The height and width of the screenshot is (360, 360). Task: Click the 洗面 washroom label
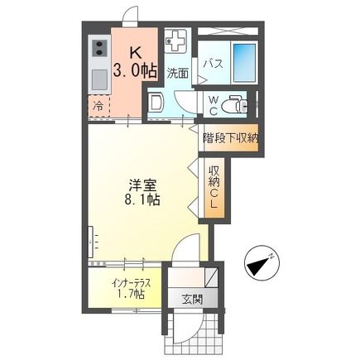[x=176, y=73]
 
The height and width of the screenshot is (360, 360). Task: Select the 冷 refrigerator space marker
[x=98, y=107]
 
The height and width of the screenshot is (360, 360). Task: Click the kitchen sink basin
[x=97, y=80]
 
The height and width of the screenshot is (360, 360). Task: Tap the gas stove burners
[x=97, y=49]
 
